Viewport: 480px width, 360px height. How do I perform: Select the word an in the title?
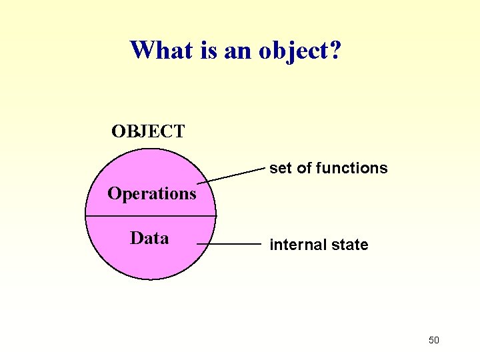tap(235, 51)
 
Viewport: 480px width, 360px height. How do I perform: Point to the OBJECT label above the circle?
tap(148, 131)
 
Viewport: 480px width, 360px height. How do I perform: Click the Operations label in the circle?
tap(152, 194)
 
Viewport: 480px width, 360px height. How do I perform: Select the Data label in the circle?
tap(149, 238)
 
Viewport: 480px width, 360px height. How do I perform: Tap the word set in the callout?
tap(281, 168)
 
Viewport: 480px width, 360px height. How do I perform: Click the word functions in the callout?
tap(351, 168)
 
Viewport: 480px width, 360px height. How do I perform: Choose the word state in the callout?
tap(349, 245)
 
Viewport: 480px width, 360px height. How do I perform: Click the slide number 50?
tap(434, 341)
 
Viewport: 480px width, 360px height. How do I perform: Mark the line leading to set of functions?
tap(233, 177)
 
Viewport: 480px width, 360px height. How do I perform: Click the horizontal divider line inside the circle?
tap(151, 217)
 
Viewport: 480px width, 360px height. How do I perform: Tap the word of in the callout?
tap(303, 168)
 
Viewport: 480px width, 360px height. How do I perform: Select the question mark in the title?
tap(335, 49)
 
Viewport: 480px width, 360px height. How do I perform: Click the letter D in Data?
tap(137, 238)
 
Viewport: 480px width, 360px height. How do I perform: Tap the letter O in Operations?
tap(115, 194)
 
